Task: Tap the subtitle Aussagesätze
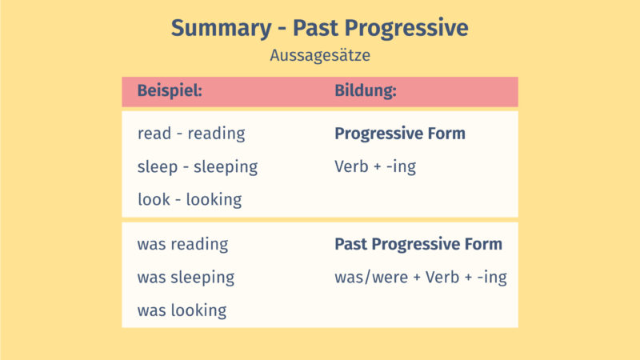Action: click(319, 56)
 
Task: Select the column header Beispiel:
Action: click(170, 91)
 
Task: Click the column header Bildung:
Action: click(366, 91)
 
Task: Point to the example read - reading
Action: click(191, 134)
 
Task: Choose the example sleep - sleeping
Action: click(198, 167)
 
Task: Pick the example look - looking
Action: click(190, 200)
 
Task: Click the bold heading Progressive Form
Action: click(399, 134)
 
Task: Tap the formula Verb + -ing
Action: click(374, 167)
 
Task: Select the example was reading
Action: click(182, 244)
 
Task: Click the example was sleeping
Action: click(186, 278)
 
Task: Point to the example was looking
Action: click(182, 310)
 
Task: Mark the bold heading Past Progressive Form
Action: click(418, 244)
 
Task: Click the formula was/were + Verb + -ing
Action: click(420, 278)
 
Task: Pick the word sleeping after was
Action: click(202, 278)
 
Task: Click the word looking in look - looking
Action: click(214, 200)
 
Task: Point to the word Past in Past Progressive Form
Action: click(349, 244)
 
